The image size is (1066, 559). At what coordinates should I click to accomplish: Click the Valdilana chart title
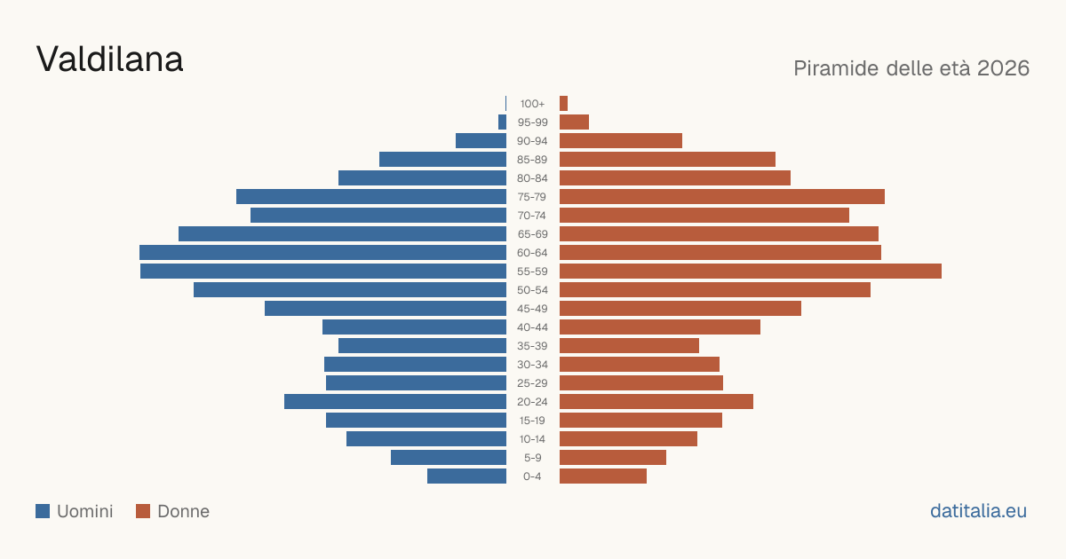(109, 59)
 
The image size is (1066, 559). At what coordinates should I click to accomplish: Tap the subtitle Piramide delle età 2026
(911, 68)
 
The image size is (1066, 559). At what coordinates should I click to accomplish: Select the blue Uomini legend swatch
(43, 511)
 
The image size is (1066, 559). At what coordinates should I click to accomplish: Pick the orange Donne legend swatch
(143, 511)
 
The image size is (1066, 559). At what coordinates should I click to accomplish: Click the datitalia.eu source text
(978, 511)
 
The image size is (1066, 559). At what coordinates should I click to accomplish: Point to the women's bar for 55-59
(751, 271)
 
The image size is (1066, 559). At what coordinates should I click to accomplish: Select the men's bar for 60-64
(322, 252)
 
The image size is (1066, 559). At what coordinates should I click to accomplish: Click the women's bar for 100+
(563, 103)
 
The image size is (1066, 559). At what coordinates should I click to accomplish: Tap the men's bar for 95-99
(502, 122)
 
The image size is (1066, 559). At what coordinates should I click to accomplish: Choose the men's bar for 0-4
(467, 476)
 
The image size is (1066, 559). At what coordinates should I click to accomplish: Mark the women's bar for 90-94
(621, 141)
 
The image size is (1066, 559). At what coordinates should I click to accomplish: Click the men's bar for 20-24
(395, 402)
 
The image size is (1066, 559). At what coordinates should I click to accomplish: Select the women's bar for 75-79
(722, 196)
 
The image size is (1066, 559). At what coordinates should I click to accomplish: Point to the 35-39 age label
(532, 345)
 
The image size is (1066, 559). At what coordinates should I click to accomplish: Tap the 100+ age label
(532, 103)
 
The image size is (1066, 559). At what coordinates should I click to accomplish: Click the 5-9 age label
(532, 457)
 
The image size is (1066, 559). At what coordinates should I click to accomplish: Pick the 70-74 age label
(532, 216)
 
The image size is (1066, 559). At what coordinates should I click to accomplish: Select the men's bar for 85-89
(442, 159)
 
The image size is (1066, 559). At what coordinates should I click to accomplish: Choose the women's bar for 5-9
(613, 457)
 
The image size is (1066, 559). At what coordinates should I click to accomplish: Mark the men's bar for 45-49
(386, 309)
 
